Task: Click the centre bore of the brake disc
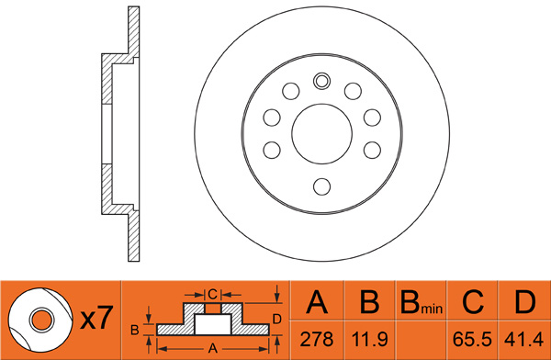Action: pyautogui.click(x=322, y=133)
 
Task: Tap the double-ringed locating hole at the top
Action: pyautogui.click(x=322, y=81)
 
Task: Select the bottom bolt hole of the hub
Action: pyautogui.click(x=322, y=186)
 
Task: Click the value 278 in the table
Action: pyautogui.click(x=317, y=339)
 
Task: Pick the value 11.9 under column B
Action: pyautogui.click(x=370, y=339)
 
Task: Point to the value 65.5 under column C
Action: pyautogui.click(x=472, y=339)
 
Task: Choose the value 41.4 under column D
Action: pyautogui.click(x=523, y=339)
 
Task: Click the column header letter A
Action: pyautogui.click(x=317, y=302)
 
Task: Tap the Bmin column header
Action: pyautogui.click(x=422, y=302)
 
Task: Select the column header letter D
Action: pyautogui.click(x=525, y=302)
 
